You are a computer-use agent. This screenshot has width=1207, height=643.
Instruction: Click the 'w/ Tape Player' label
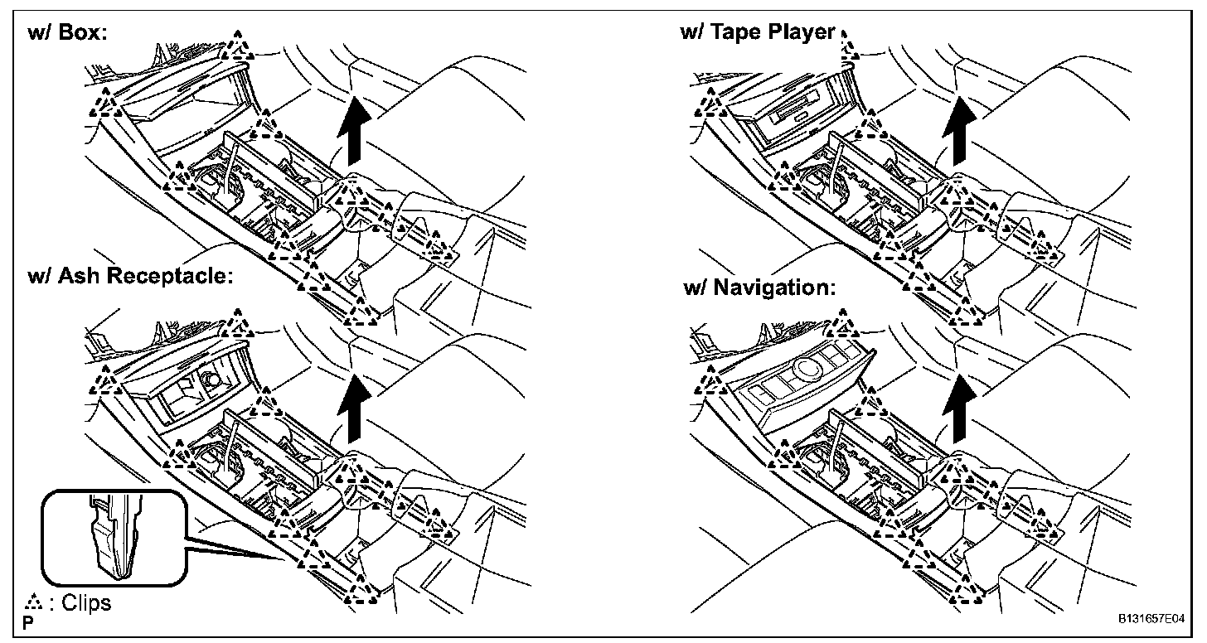point(756,32)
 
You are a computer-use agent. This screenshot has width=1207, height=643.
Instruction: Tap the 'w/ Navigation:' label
point(759,288)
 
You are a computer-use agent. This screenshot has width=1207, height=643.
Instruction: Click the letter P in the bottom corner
point(28,620)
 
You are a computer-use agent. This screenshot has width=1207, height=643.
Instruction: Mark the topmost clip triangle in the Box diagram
point(240,46)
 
